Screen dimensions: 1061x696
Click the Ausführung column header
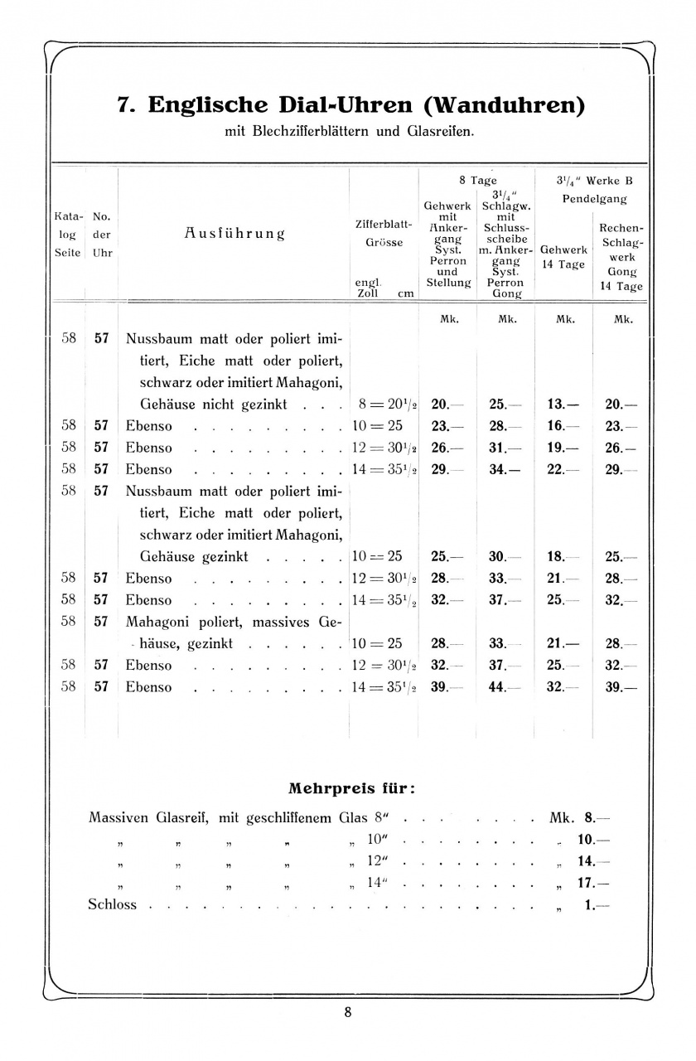tap(234, 233)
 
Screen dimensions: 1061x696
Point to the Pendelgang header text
tap(594, 199)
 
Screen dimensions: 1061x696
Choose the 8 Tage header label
tap(478, 180)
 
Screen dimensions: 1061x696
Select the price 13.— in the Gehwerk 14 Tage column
tap(563, 405)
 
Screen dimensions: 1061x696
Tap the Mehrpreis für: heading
tap(351, 787)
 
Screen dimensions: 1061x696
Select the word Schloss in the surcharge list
tap(112, 904)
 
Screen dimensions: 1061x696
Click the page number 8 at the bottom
tap(348, 1012)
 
